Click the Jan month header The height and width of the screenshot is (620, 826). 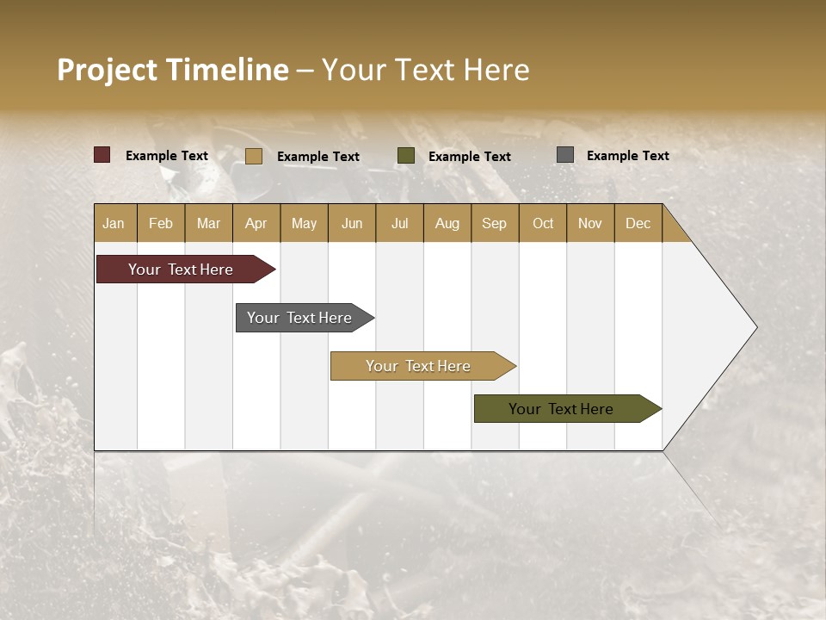point(114,223)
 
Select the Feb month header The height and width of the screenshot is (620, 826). point(161,223)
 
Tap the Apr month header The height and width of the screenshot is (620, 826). point(256,223)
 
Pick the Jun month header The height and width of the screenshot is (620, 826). point(352,223)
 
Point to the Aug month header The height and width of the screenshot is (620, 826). point(447,223)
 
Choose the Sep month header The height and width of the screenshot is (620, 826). point(494,223)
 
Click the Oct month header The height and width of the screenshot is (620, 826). point(543,223)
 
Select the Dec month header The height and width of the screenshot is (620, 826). point(638,223)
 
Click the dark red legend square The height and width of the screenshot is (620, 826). point(102,155)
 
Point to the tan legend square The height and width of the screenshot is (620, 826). point(253,156)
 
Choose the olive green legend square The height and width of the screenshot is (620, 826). point(406,155)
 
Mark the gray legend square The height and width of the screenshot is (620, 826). point(565,154)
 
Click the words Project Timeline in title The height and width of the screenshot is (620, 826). point(173,70)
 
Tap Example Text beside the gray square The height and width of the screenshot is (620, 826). point(627,155)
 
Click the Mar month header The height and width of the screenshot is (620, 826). point(208,223)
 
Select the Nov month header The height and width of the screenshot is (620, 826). point(589,223)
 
